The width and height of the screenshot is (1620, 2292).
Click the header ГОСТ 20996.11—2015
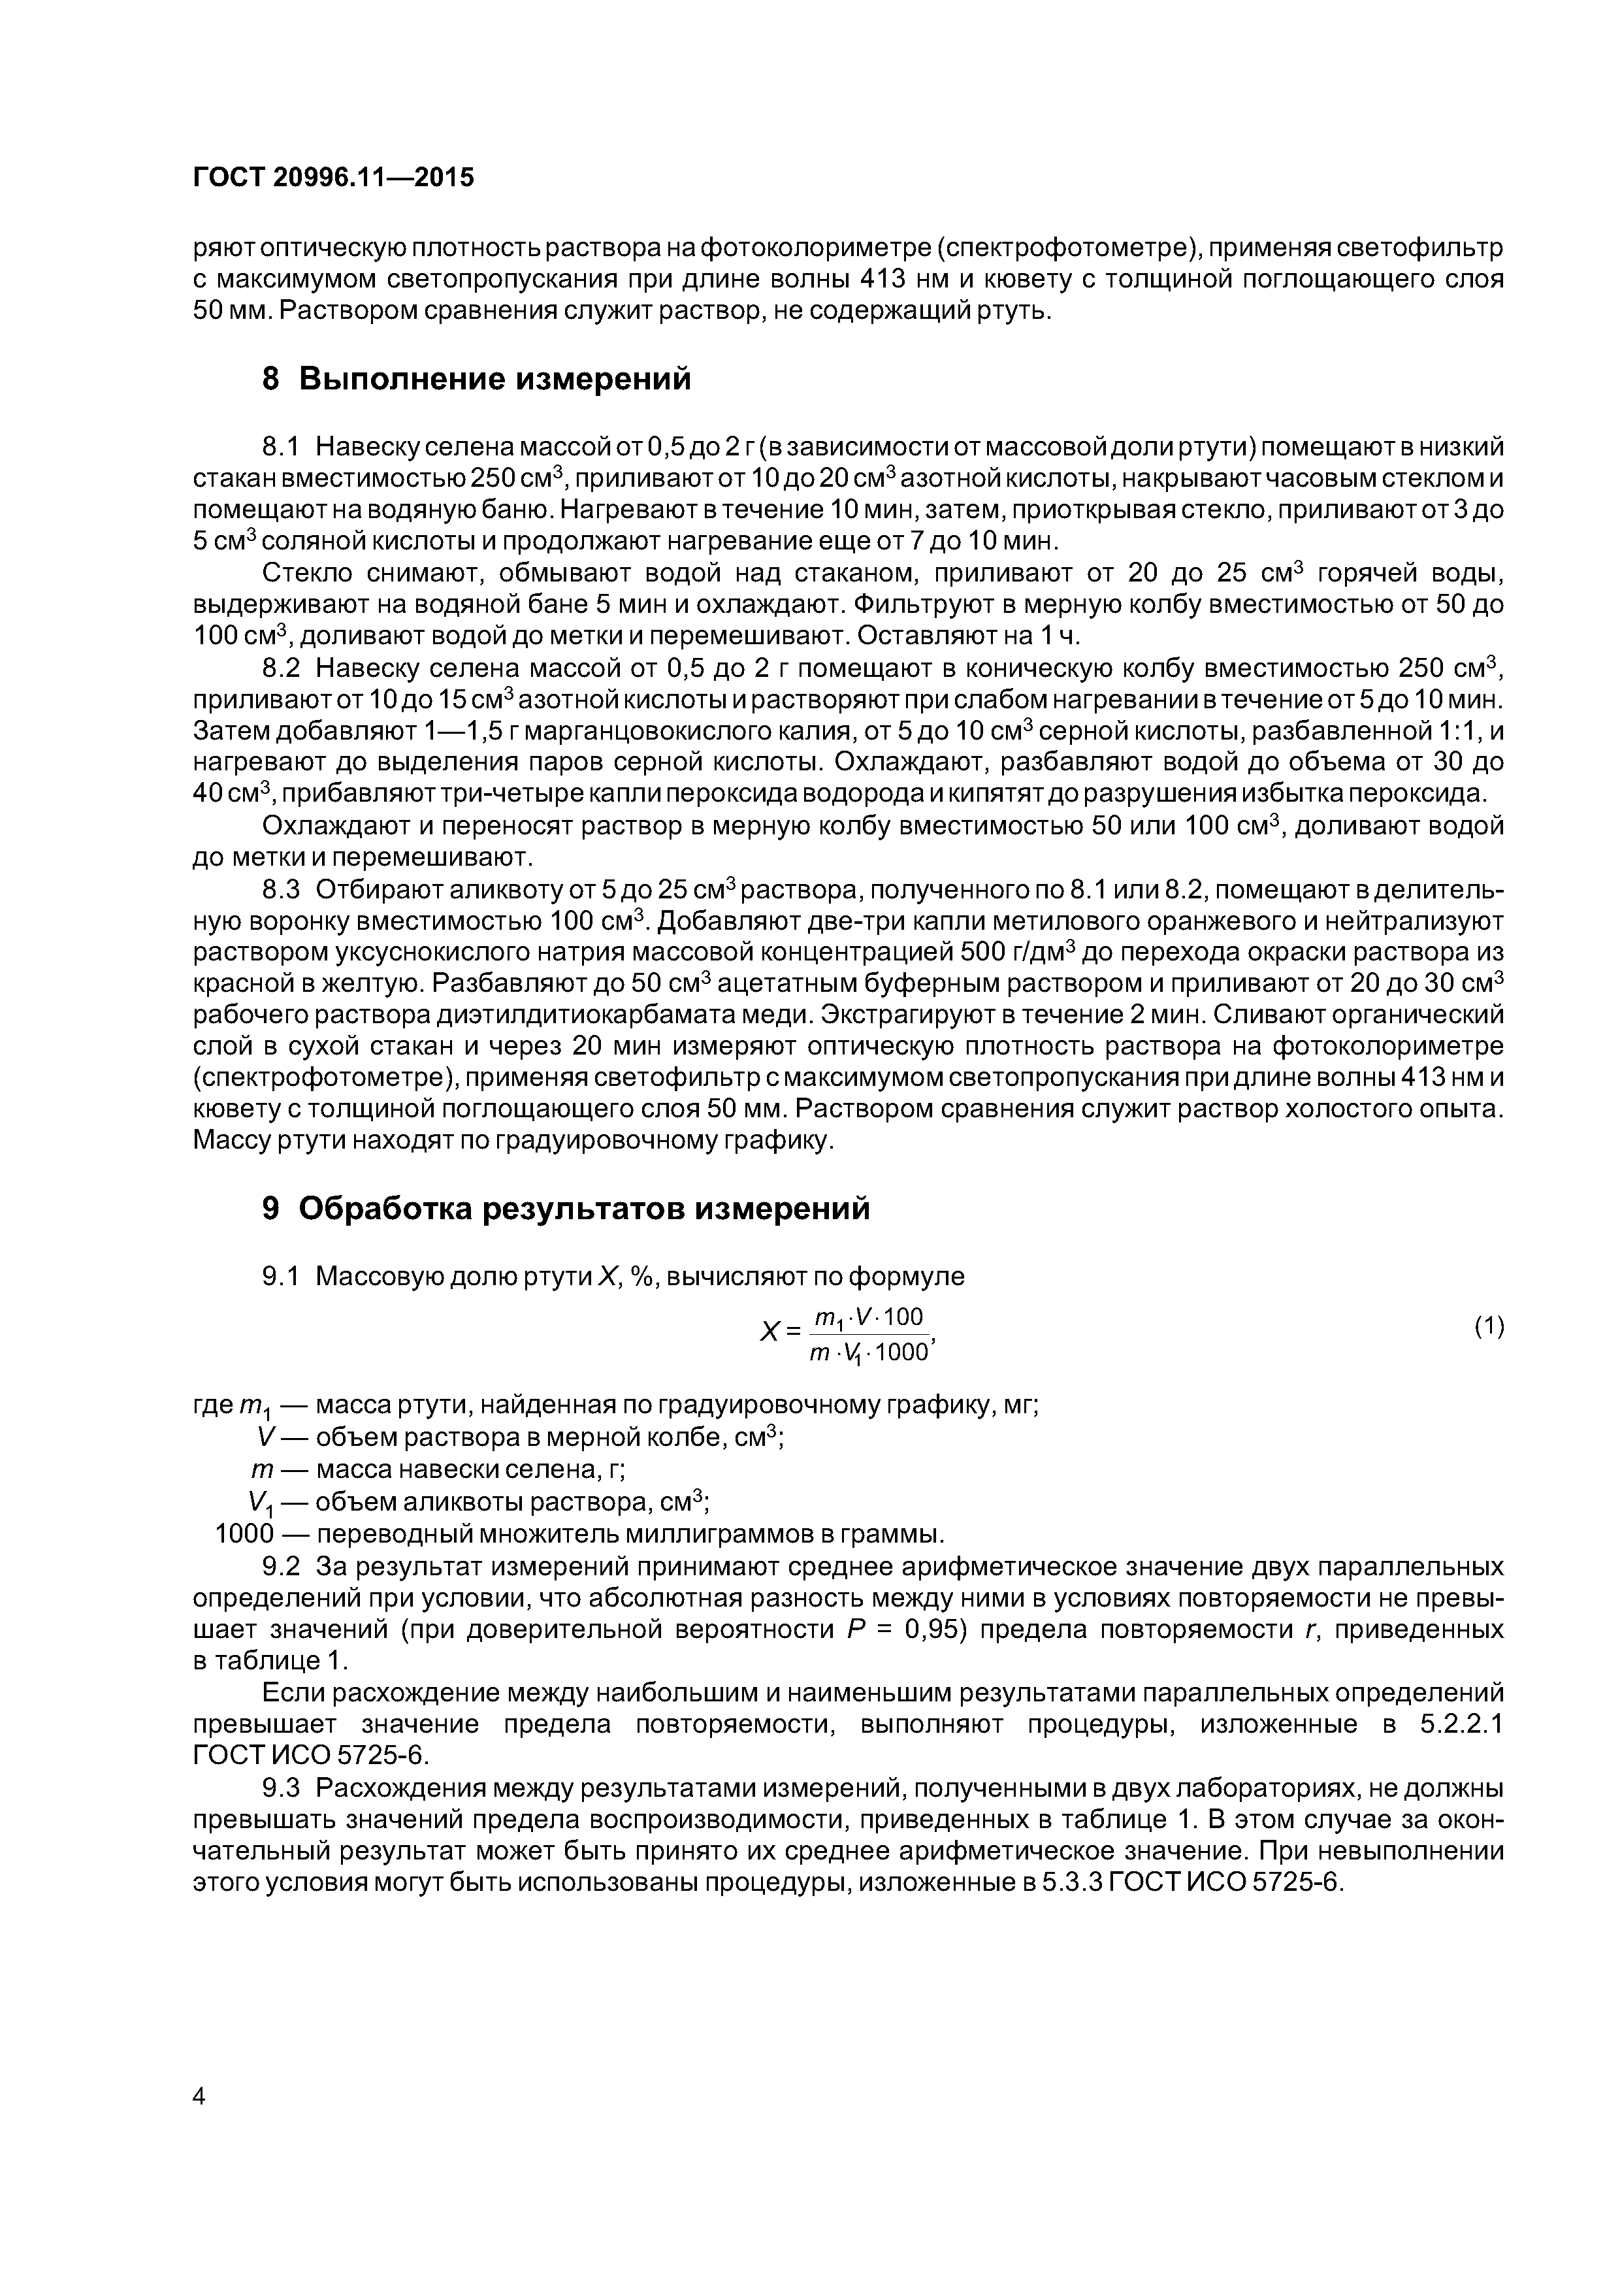pyautogui.click(x=333, y=178)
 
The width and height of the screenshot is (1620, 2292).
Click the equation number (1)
pyautogui.click(x=1488, y=1327)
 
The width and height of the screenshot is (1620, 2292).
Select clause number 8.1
pyautogui.click(x=280, y=446)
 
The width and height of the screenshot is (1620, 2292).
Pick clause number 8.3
pyautogui.click(x=280, y=889)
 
